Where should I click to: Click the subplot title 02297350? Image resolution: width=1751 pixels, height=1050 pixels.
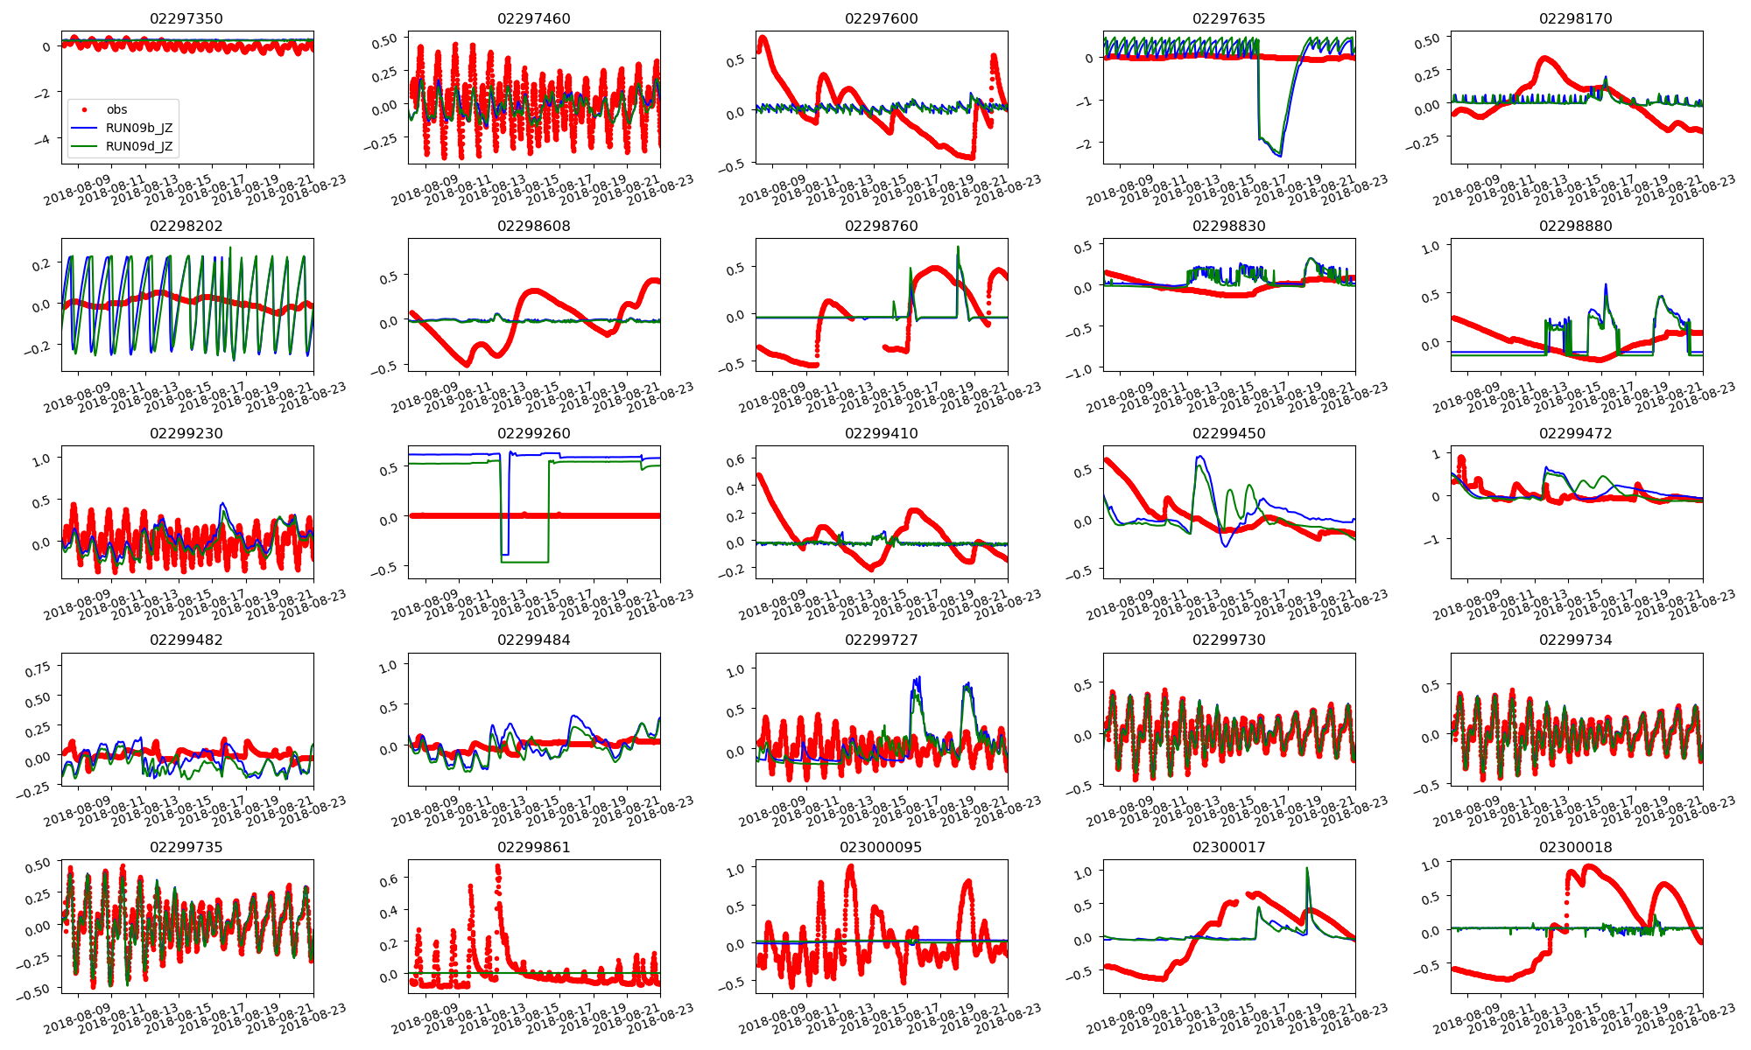(186, 18)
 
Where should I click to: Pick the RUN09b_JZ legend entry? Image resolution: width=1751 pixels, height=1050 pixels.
(138, 128)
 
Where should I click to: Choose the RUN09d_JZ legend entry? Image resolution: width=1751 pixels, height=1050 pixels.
(138, 146)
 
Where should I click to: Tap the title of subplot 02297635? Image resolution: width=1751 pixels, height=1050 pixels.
(1228, 18)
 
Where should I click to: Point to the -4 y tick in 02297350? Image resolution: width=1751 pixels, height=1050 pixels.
(45, 140)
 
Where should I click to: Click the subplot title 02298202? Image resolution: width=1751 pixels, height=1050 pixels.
(186, 226)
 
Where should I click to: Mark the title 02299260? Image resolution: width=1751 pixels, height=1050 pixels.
(533, 433)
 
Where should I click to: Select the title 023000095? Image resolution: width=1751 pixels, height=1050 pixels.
(881, 847)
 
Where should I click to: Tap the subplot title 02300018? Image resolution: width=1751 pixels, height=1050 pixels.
(1575, 847)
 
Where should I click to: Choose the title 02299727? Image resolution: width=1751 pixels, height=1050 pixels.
(881, 640)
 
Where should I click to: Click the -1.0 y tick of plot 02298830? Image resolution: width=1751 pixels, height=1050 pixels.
(1080, 370)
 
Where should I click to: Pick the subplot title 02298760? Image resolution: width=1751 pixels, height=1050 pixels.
(881, 226)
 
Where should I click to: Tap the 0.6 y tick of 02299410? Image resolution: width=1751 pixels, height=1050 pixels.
(734, 460)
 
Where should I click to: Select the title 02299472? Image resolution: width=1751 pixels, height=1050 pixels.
(1575, 433)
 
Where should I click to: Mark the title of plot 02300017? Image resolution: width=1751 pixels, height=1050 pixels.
(1228, 847)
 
